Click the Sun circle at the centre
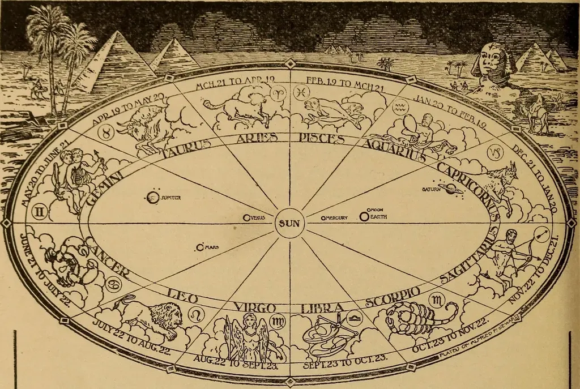290,223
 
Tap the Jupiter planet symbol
151,198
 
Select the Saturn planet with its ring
451,190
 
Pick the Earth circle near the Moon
364,216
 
